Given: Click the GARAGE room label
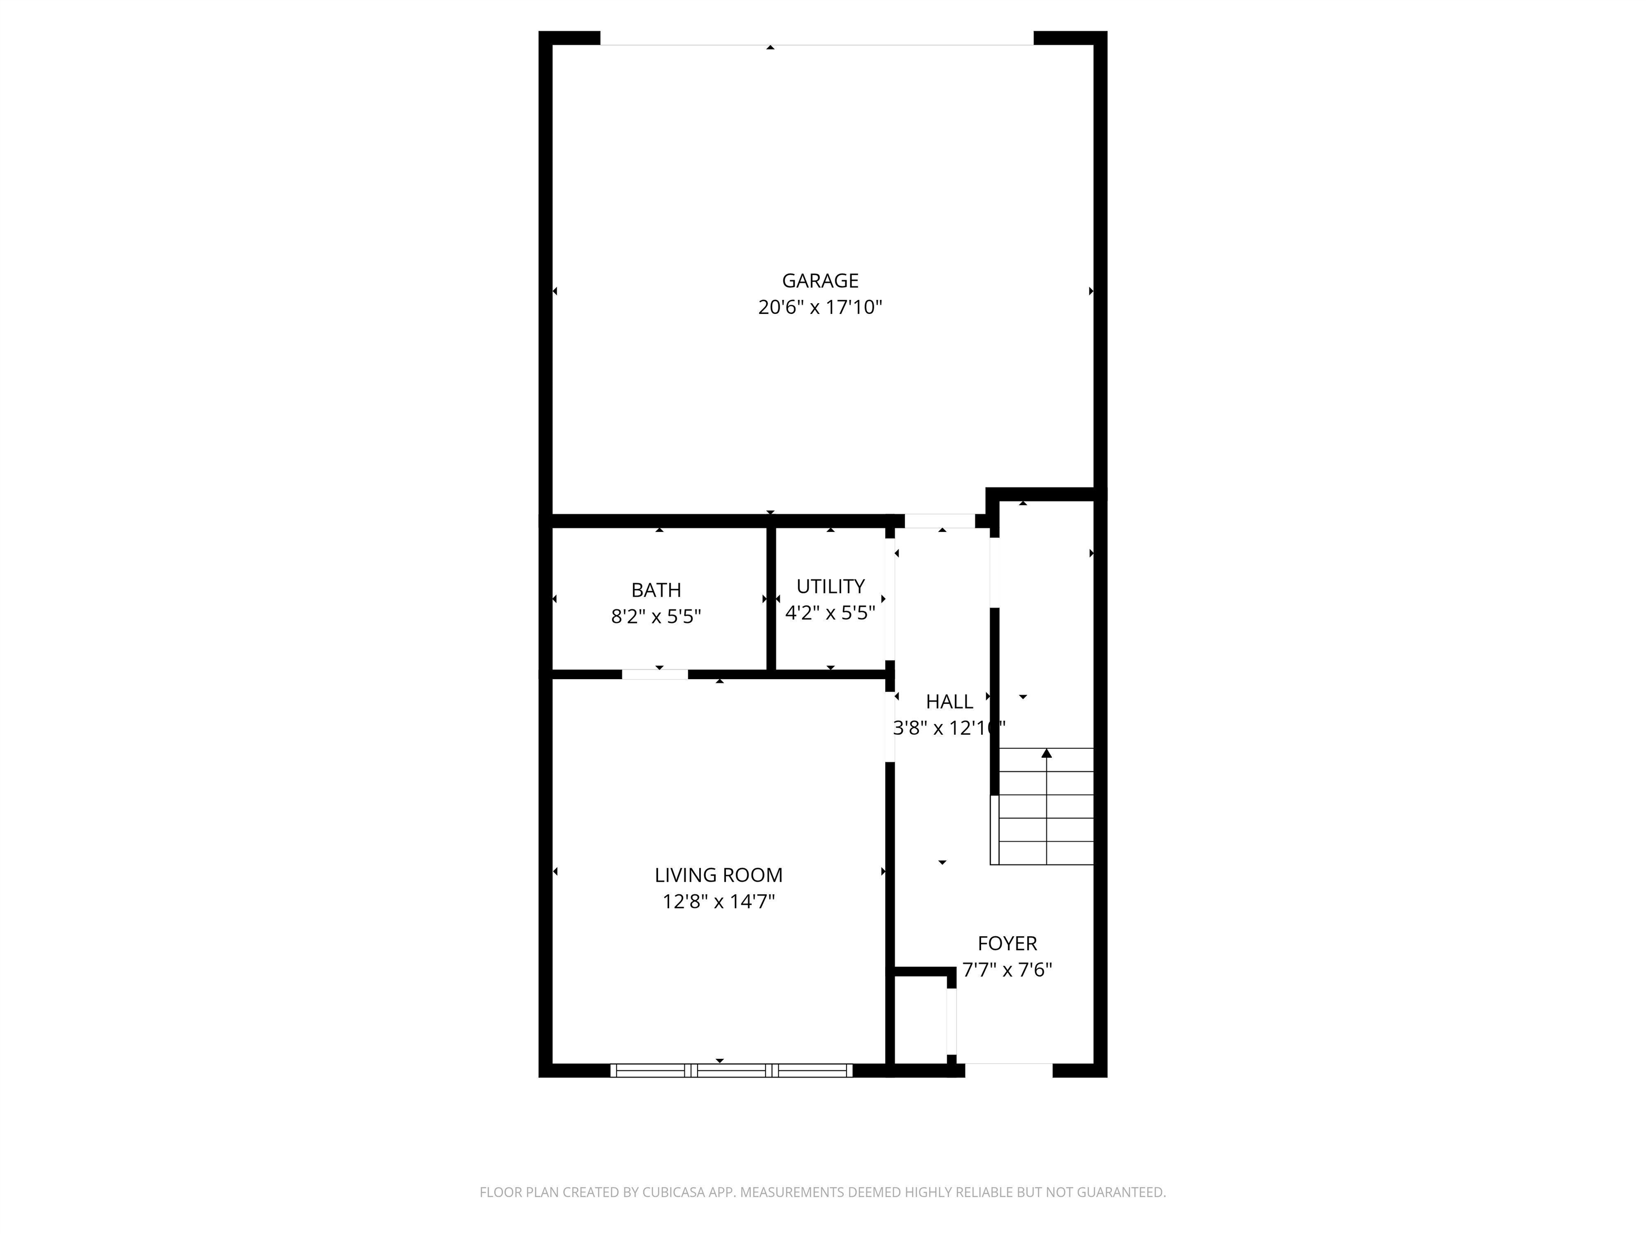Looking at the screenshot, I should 820,281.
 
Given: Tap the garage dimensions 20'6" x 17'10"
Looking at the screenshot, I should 820,307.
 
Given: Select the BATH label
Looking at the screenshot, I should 656,590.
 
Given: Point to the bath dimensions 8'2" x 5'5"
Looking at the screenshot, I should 656,616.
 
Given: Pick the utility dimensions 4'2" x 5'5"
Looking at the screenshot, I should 831,613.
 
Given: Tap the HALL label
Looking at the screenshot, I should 949,702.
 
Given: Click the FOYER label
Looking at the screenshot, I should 1007,943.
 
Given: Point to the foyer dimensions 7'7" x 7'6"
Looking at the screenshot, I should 1007,970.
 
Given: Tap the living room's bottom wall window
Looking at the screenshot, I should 731,1070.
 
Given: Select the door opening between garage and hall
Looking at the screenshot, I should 940,521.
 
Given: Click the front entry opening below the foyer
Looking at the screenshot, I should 1008,1070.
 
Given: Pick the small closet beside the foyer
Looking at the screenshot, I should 920,1020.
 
